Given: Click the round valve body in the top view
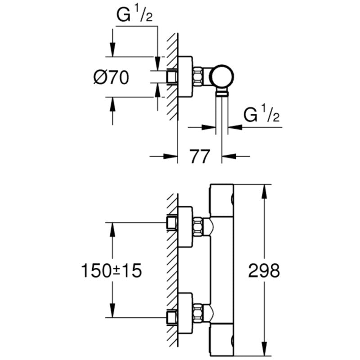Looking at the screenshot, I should pos(222,76).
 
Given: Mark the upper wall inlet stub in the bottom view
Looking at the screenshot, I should pos(171,222).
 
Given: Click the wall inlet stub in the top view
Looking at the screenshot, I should pos(171,76).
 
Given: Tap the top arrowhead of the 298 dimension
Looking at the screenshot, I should pos(265,189).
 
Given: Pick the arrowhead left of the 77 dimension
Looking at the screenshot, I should pos(171,157).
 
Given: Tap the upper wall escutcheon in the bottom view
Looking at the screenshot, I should pos(186,228).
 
